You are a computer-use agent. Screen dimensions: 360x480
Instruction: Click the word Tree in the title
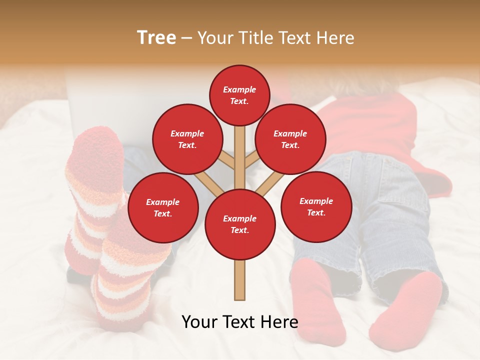coord(156,37)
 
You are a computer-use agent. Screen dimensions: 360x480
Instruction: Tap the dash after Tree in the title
coord(186,38)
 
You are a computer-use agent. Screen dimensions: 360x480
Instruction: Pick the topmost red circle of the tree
coord(239,95)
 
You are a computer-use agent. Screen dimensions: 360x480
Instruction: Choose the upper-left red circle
coord(187,139)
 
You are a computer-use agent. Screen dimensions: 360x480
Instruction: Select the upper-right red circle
coord(290,139)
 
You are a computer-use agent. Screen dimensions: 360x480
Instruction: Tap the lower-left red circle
coord(162,207)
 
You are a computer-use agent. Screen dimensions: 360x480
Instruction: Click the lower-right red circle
coord(316,206)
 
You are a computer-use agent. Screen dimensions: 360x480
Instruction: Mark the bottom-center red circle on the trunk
coord(239,224)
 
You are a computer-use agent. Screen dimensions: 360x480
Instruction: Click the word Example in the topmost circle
coord(239,89)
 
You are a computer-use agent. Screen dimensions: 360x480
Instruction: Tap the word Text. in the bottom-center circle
coord(239,230)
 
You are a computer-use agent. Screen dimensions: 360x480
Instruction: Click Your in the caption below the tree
coord(199,322)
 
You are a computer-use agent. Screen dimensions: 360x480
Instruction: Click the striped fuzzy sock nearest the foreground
coord(122,280)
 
